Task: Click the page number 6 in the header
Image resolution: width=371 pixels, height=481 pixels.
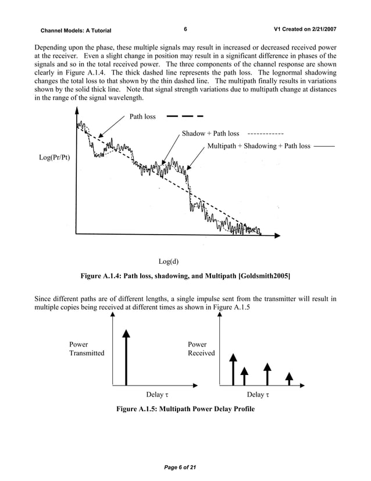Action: click(184, 29)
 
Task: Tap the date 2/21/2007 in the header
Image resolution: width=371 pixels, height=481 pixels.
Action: click(319, 29)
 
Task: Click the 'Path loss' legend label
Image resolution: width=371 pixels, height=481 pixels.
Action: click(142, 116)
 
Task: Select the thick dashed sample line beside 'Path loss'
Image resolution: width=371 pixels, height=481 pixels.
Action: click(185, 116)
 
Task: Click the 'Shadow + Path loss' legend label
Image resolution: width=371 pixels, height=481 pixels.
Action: click(211, 133)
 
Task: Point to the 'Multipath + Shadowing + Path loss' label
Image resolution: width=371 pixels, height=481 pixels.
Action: click(259, 146)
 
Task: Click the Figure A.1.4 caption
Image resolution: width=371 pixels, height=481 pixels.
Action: click(185, 275)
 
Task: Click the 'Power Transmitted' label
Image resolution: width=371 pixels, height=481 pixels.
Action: click(87, 348)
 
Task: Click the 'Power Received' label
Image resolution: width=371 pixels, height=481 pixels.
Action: click(201, 348)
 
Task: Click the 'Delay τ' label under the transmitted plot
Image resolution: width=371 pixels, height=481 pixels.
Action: click(158, 395)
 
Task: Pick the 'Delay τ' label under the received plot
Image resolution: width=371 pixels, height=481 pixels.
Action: click(259, 395)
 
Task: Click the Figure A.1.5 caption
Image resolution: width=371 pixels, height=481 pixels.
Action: click(185, 409)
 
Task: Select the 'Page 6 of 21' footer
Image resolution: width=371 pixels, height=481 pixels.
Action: click(185, 468)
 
